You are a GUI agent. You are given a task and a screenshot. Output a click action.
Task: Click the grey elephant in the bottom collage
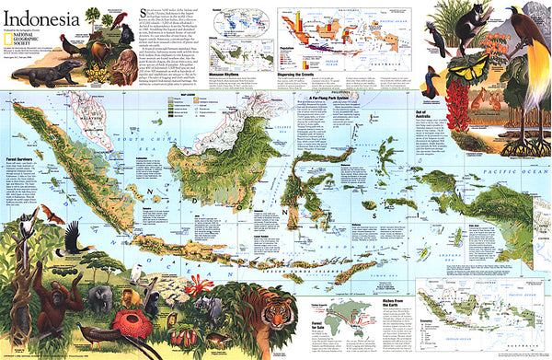[x=103, y=296]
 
